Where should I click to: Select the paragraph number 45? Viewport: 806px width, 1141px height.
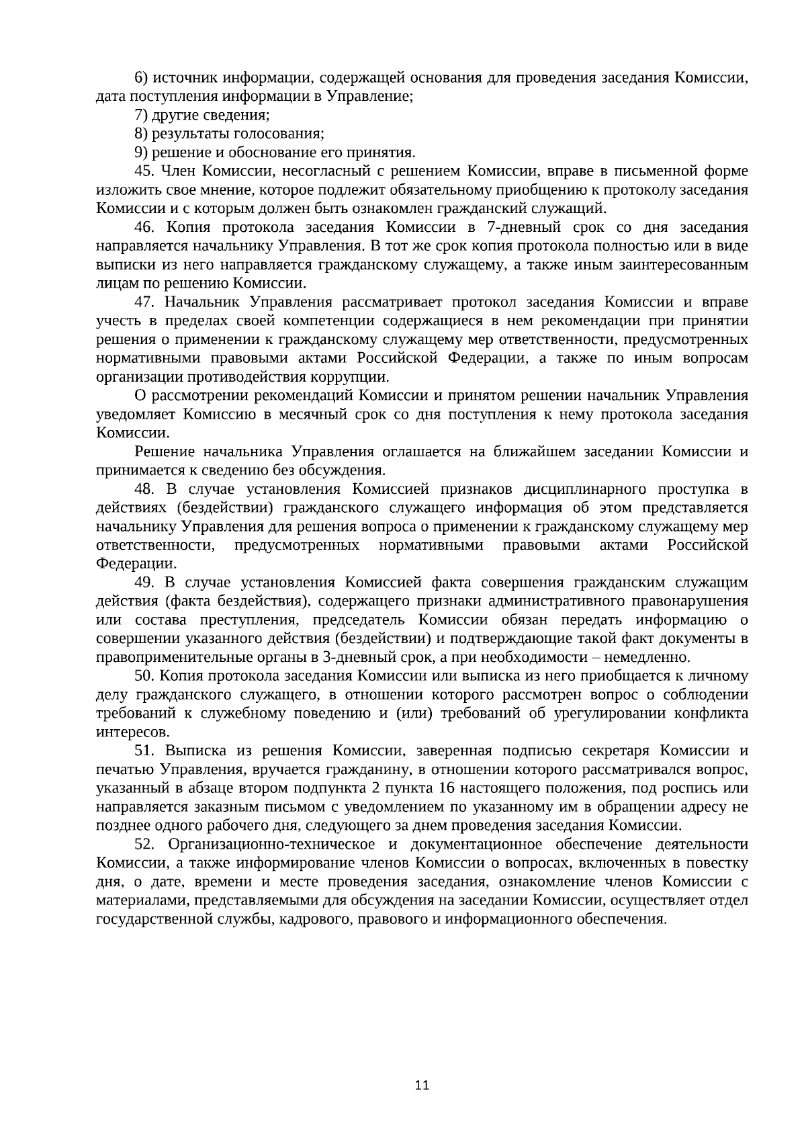(x=145, y=171)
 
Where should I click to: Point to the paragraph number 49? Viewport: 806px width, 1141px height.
(x=145, y=582)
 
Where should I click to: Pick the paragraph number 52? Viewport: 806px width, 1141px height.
(x=145, y=844)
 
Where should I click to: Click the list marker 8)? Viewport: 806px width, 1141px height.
(x=141, y=133)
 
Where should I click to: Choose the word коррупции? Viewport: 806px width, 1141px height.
(x=349, y=376)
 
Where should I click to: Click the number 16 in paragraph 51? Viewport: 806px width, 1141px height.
(x=444, y=788)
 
